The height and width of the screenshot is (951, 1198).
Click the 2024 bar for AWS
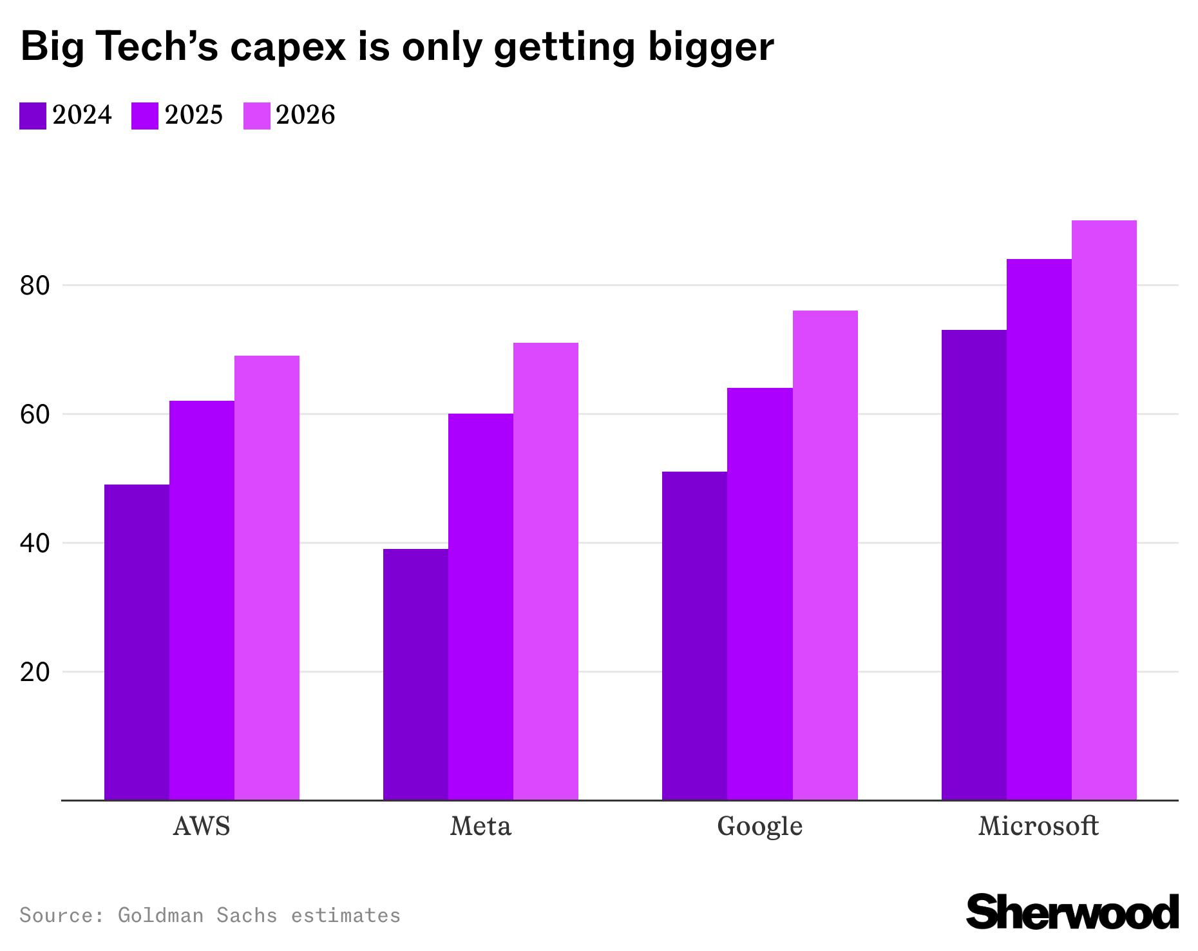(137, 642)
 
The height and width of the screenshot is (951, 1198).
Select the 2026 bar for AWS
(267, 577)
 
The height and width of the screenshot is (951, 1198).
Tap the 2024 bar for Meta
(415, 674)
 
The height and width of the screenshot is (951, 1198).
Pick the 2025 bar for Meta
(480, 606)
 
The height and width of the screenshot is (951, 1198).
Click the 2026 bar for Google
(825, 555)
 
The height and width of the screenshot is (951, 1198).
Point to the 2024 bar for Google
(694, 635)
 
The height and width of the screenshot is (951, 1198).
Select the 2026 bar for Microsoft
(1104, 510)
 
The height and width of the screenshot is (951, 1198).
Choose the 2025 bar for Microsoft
(1039, 529)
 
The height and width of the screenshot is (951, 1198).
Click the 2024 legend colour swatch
(33, 116)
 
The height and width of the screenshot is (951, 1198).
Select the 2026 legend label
(305, 115)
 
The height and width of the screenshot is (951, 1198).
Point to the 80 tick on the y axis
(35, 285)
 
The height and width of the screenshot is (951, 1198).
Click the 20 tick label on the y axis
(35, 672)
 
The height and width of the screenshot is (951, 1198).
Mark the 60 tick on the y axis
(35, 414)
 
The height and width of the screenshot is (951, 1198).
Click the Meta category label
(480, 826)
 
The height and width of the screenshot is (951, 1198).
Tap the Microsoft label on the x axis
(1038, 826)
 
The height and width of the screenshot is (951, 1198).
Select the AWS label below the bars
(202, 826)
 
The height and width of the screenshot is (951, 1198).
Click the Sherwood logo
(1072, 911)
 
